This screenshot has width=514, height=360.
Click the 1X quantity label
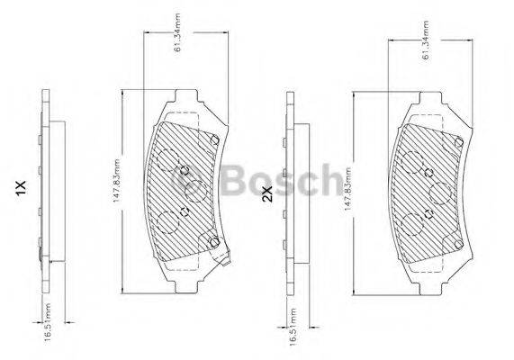pos(21,188)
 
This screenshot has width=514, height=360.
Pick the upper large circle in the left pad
pos(167,159)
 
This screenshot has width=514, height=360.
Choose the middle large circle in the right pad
pos(440,193)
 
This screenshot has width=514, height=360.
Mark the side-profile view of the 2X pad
pos(287,193)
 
